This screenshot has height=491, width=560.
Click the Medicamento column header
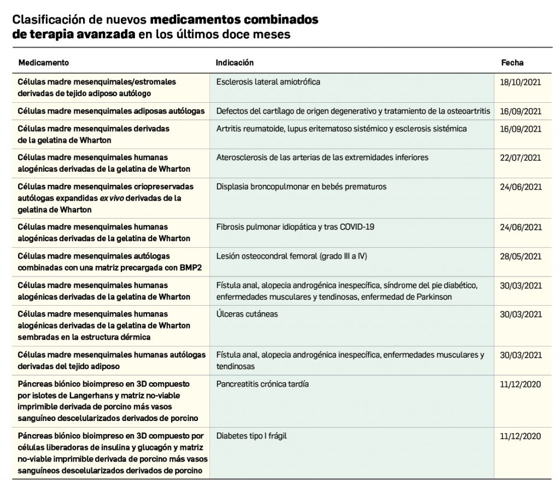click(44, 63)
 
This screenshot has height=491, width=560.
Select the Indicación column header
click(235, 63)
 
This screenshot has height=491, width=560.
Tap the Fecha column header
click(512, 63)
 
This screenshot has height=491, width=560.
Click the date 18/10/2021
click(521, 82)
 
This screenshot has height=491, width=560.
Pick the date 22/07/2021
click(521, 157)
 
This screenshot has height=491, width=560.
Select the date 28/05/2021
click(521, 256)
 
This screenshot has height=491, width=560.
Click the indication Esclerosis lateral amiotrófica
click(268, 82)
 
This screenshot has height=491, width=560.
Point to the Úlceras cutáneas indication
click(247, 314)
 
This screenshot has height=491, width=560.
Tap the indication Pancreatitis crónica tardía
click(262, 384)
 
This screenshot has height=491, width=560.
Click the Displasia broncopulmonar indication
click(301, 186)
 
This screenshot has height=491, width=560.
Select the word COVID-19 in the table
click(357, 226)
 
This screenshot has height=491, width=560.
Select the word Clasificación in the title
click(46, 20)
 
